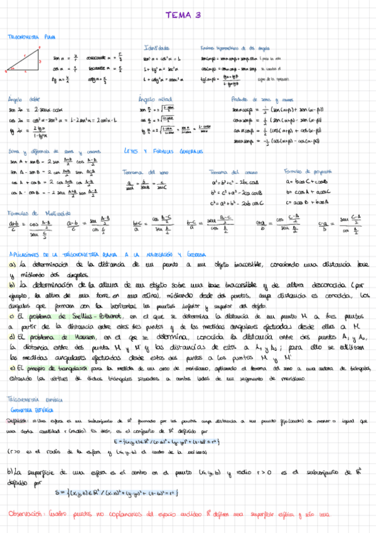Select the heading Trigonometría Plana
30,38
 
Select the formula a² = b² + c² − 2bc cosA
236,182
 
